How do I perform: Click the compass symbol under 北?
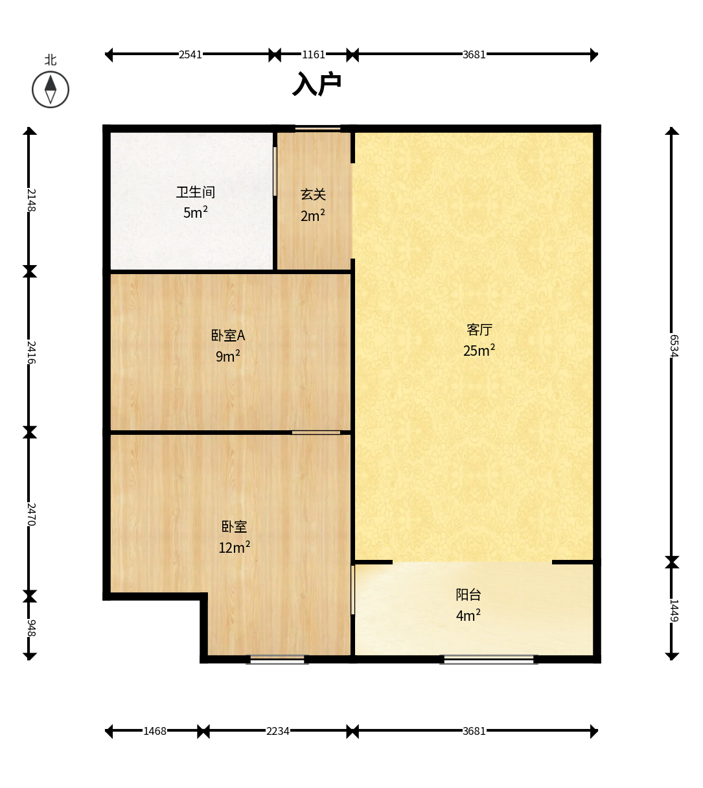(51, 89)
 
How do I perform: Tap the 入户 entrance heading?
(317, 84)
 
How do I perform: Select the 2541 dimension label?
(190, 54)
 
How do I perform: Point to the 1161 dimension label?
(314, 54)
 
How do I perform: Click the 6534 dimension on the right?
(674, 346)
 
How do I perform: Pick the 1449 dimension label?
(674, 610)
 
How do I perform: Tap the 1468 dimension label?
(155, 731)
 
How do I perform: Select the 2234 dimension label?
(277, 731)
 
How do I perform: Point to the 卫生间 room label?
(195, 192)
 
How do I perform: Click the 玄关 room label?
(313, 194)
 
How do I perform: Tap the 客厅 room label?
(479, 330)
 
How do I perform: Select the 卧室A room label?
(228, 335)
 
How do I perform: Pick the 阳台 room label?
(468, 595)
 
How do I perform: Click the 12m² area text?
(234, 547)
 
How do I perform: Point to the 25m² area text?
(479, 350)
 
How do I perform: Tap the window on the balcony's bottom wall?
(489, 659)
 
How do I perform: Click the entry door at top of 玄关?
(317, 128)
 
